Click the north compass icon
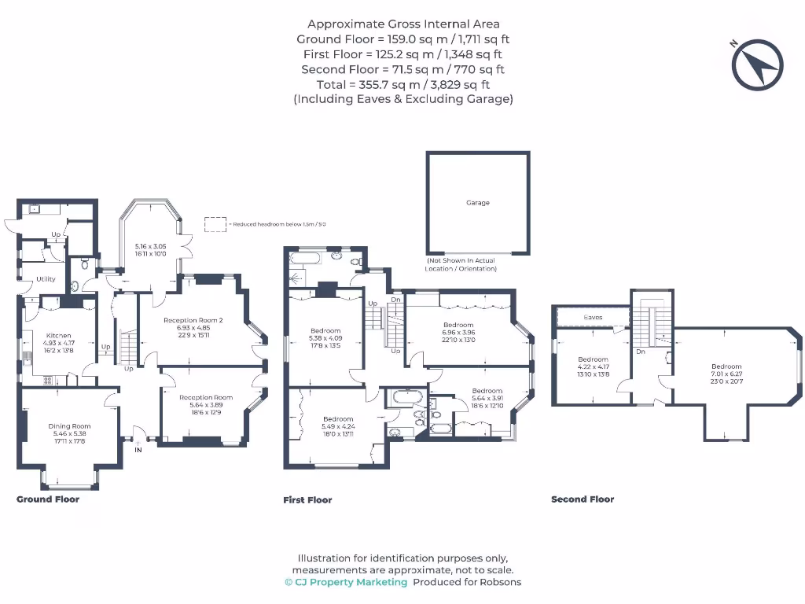click(x=757, y=64)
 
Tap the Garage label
click(x=477, y=203)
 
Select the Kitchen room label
click(x=59, y=335)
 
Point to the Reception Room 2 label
click(x=193, y=320)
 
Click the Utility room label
click(x=46, y=279)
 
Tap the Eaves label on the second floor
click(x=593, y=317)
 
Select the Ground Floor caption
click(x=48, y=499)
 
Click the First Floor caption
click(x=307, y=500)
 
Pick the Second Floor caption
click(x=583, y=499)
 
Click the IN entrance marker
click(x=139, y=451)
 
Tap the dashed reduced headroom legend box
click(x=215, y=224)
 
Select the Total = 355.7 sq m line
click(x=402, y=84)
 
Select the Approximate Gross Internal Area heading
click(x=402, y=24)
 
